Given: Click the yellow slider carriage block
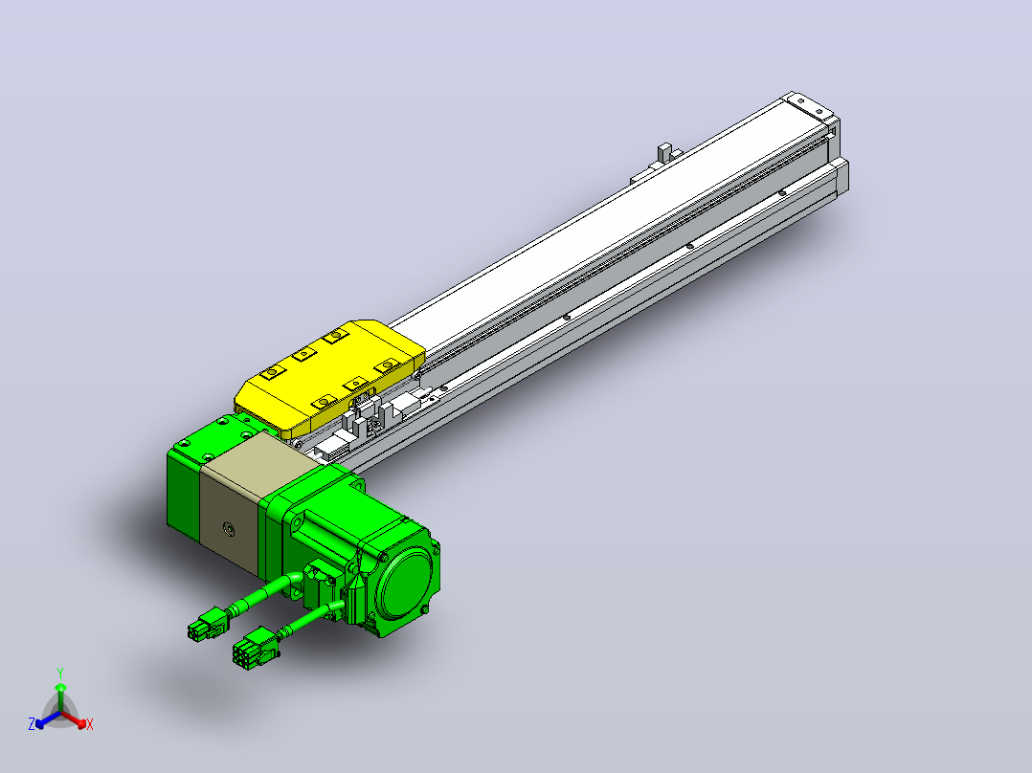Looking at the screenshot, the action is click(x=329, y=378).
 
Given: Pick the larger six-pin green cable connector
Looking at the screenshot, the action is click(x=255, y=649).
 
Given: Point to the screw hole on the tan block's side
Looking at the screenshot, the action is click(x=229, y=528).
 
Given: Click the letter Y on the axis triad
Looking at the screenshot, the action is click(x=60, y=673).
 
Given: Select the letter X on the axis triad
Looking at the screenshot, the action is click(x=90, y=724).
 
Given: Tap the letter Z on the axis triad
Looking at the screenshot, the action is click(x=31, y=723).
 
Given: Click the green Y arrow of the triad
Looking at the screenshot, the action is click(x=60, y=696).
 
